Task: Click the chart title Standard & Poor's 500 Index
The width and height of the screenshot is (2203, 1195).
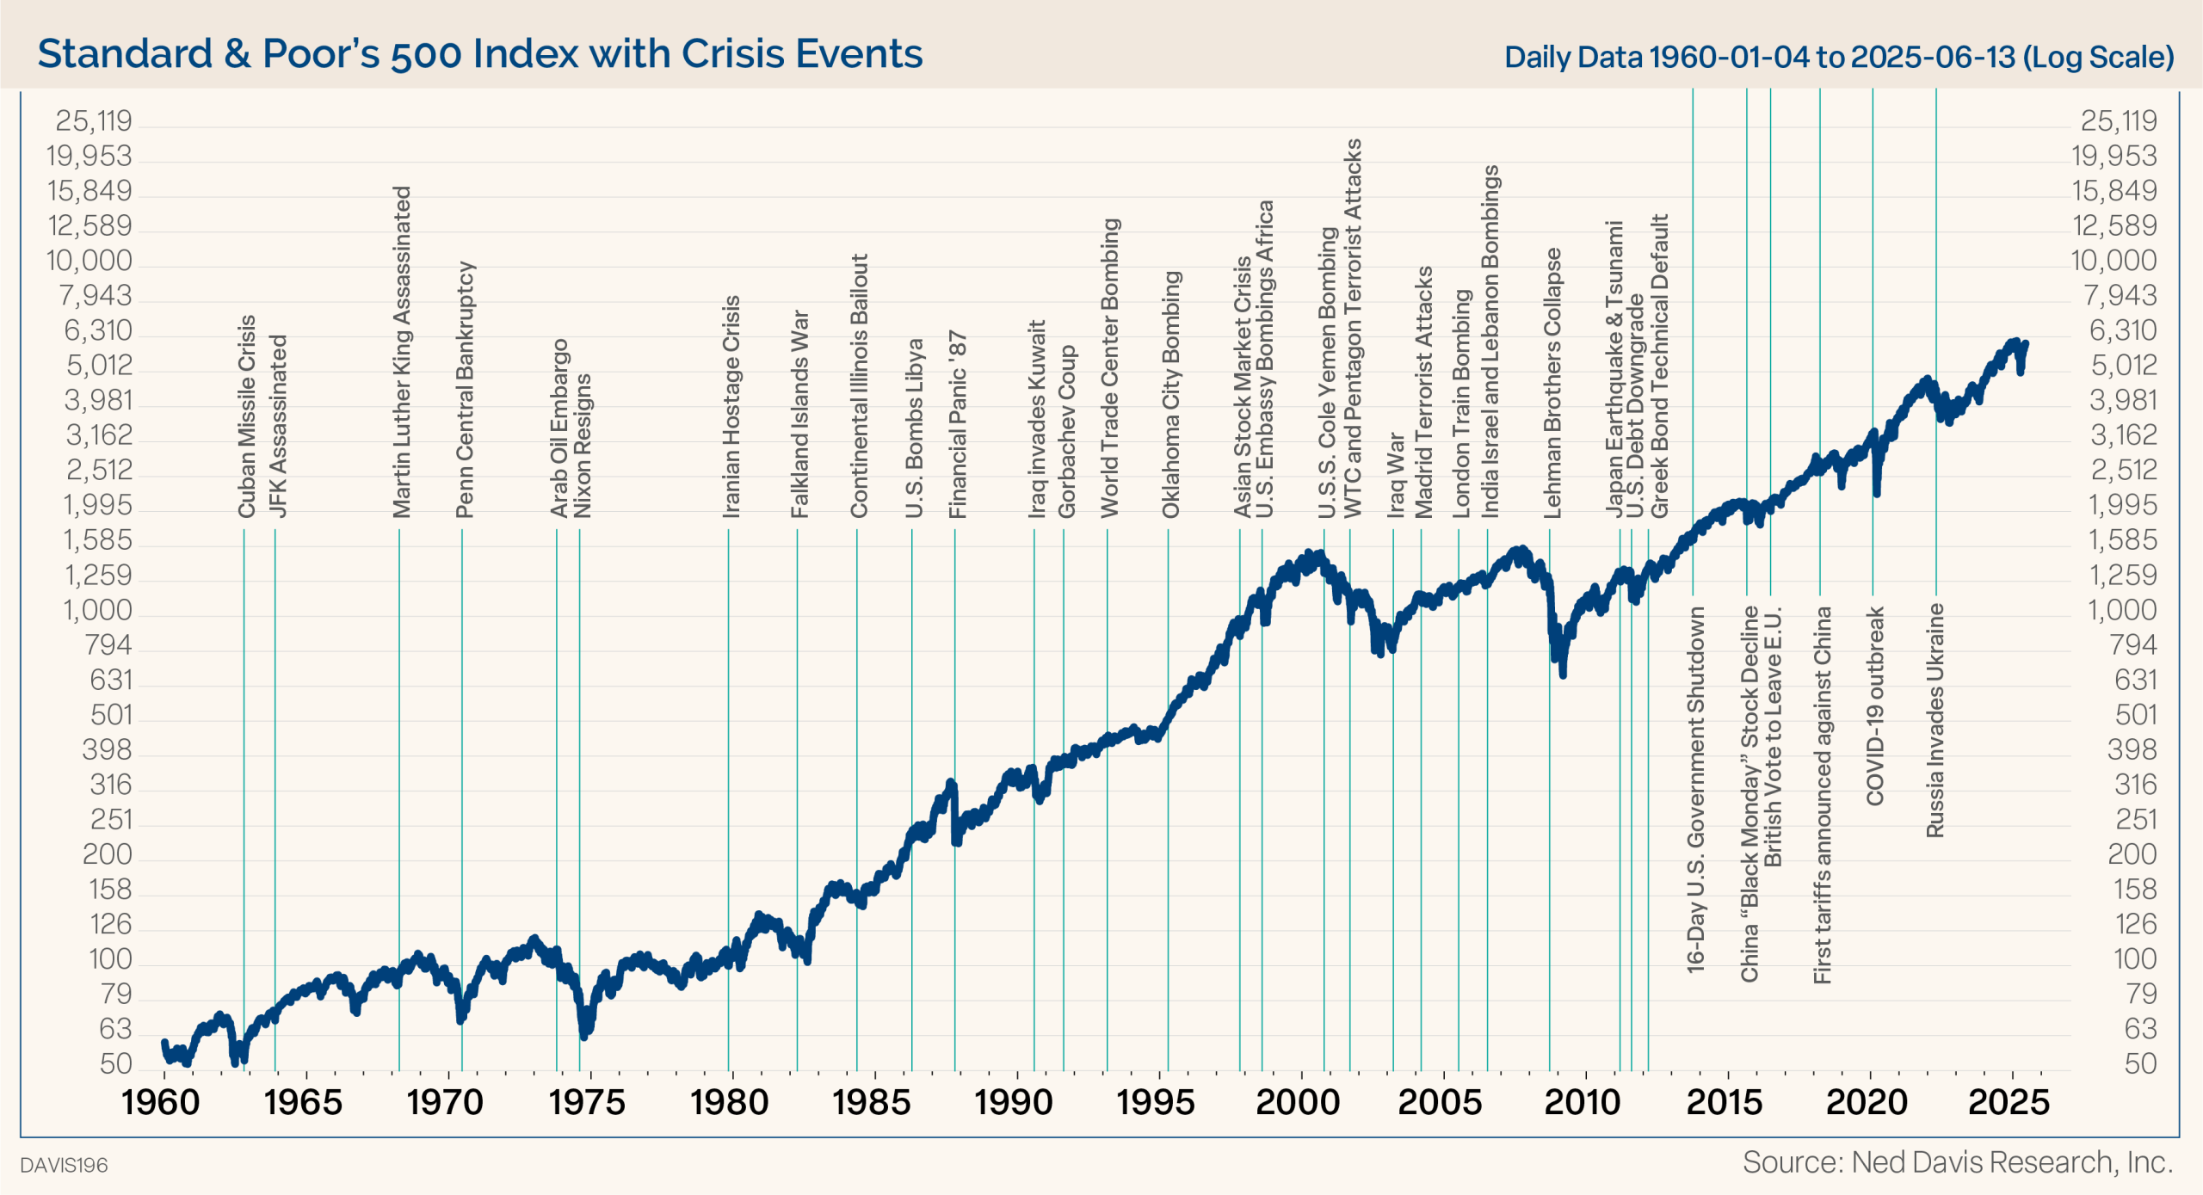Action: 479,53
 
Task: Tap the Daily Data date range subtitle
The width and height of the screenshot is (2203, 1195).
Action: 1839,57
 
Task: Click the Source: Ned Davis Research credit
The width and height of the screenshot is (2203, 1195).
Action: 1958,1162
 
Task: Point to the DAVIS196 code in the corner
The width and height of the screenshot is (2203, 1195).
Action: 65,1165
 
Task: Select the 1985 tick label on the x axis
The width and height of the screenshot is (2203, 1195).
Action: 872,1102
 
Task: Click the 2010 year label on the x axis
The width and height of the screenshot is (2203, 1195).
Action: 1583,1102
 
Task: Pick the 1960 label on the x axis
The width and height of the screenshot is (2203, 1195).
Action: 161,1102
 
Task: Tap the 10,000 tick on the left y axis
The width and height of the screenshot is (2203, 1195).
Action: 89,261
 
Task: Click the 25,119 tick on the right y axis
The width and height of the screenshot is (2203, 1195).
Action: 2119,121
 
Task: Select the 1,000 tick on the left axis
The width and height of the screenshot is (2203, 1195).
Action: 97,610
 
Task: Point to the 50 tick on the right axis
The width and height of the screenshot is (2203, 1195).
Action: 2140,1064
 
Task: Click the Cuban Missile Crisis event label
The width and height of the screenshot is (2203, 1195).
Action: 247,416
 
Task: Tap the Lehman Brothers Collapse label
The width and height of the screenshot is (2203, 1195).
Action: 1552,384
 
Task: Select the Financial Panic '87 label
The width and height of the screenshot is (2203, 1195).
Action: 958,424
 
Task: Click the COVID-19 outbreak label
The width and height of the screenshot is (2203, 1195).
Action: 1875,705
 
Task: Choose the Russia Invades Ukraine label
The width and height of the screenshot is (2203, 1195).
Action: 1935,720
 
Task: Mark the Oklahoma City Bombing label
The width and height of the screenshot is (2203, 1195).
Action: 1171,395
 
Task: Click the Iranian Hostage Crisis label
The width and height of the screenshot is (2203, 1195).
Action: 731,407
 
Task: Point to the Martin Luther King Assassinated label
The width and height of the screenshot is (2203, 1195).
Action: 402,352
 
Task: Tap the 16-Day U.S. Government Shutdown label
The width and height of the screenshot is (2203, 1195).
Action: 1695,790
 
